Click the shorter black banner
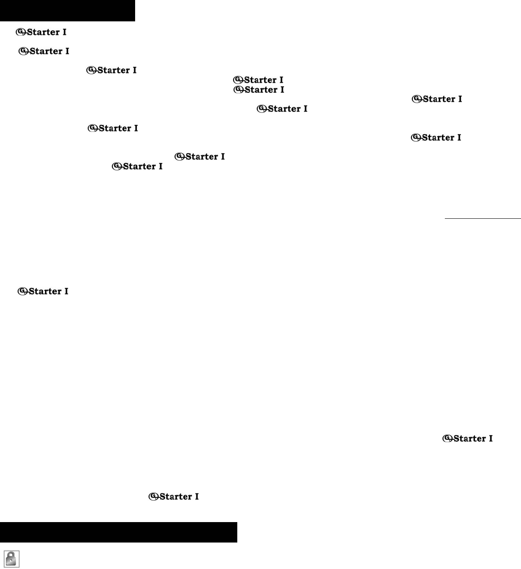point(67,10)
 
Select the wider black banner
point(118,532)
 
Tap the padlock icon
point(12,559)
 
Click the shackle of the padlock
point(12,555)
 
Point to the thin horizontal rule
point(483,218)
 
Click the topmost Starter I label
point(41,33)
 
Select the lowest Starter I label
point(174,497)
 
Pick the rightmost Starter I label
point(468,438)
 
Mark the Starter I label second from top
point(44,51)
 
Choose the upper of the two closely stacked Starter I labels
point(258,80)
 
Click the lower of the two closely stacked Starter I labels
point(259,90)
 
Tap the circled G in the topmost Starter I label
point(20,32)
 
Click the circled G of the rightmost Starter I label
point(447,438)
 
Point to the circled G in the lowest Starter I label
point(153,496)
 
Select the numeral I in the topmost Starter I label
point(64,33)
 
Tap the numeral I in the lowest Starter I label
point(196,497)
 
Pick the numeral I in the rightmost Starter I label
point(490,438)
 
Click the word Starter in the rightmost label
point(469,438)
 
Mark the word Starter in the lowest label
point(175,497)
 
